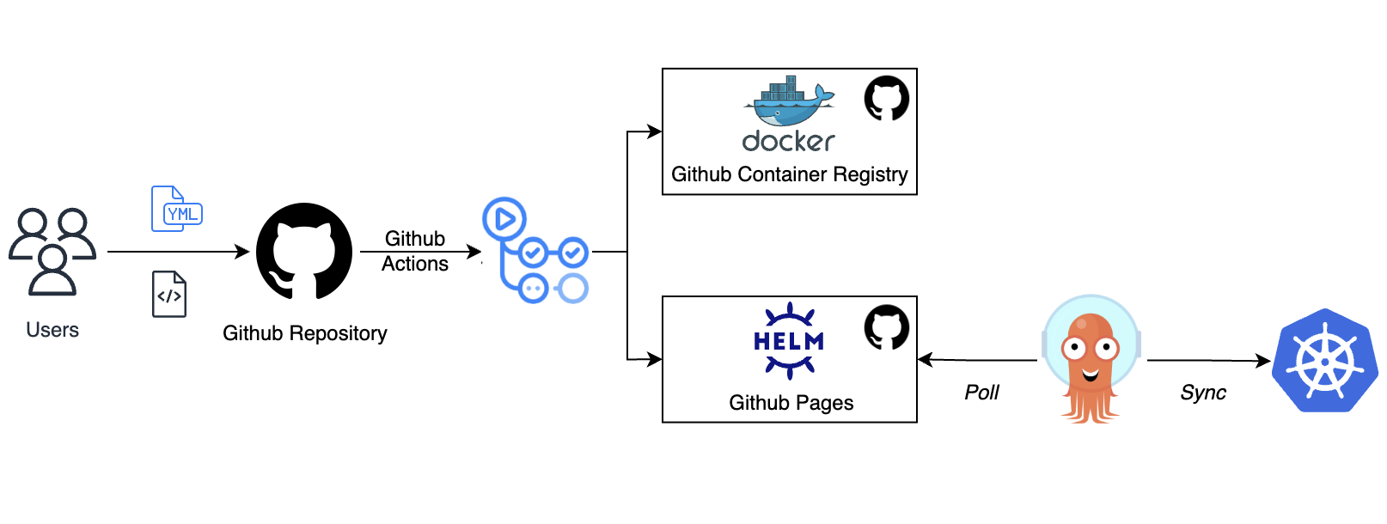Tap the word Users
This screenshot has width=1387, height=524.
52,330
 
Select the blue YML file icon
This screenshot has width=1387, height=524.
176,209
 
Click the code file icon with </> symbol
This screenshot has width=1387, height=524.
169,295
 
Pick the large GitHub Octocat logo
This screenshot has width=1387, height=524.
304,252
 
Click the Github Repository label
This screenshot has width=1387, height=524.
304,333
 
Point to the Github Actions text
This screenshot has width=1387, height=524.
415,251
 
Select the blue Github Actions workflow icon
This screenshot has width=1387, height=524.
535,251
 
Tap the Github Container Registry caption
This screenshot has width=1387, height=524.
789,174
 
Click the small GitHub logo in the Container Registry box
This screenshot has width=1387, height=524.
887,98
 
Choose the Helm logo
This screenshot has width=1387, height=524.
789,341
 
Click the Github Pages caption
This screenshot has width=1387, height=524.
791,403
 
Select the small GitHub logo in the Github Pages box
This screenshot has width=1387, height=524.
887,327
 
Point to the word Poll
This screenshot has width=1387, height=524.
981,393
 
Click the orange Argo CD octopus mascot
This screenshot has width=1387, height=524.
1091,360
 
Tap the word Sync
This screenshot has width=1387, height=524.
1203,393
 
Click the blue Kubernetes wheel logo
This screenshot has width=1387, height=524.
1325,361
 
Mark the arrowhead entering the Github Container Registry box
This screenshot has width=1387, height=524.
655,131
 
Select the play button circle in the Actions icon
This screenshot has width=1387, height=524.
504,219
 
